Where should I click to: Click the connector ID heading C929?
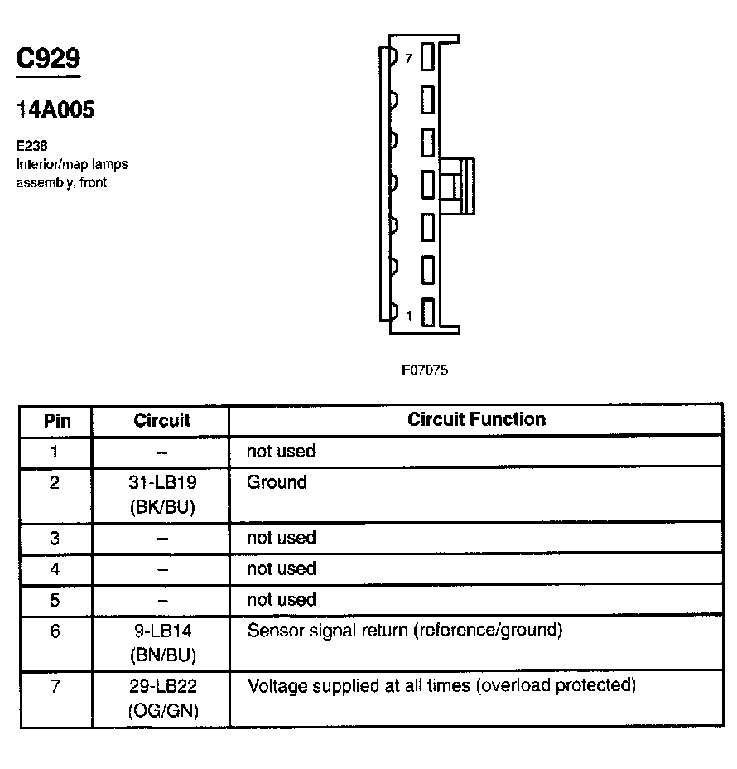point(49,59)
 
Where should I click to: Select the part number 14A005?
point(55,110)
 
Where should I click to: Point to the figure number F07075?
point(425,370)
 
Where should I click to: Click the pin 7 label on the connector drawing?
point(408,58)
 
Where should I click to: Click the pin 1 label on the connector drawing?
point(408,315)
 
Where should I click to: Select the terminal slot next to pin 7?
point(427,57)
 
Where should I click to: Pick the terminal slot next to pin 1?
point(427,313)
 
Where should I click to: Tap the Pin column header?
point(56,421)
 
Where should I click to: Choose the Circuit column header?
point(161,421)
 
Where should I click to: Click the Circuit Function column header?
point(476,419)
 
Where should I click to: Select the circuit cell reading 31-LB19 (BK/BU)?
point(161,495)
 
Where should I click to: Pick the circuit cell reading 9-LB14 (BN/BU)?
point(161,643)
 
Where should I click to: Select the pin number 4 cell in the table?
point(55,569)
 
